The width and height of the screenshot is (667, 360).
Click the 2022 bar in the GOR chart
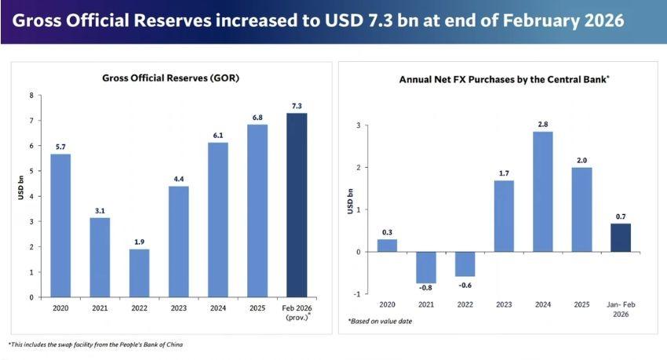pyautogui.click(x=139, y=273)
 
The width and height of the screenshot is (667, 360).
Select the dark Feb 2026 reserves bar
pyautogui.click(x=297, y=205)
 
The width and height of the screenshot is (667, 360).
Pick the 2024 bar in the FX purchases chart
pyautogui.click(x=542, y=192)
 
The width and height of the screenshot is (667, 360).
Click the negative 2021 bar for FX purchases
pyautogui.click(x=426, y=267)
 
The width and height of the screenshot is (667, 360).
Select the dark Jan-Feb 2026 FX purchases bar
pyautogui.click(x=620, y=238)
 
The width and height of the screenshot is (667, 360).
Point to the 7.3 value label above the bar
pyautogui.click(x=297, y=106)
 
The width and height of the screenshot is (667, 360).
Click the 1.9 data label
pyautogui.click(x=139, y=242)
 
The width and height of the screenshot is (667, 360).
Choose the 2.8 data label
pyautogui.click(x=542, y=124)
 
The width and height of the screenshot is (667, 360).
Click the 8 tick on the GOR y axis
pyautogui.click(x=31, y=96)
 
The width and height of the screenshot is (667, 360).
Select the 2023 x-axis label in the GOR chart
pyautogui.click(x=178, y=308)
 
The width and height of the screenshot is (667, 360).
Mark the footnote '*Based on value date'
pyautogui.click(x=381, y=322)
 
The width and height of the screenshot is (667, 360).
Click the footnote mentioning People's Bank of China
pyautogui.click(x=96, y=344)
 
